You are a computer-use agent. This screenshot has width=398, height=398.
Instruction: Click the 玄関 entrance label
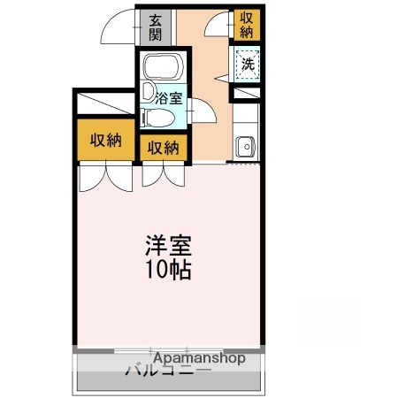click(x=155, y=27)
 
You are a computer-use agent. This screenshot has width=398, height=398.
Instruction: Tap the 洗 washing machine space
click(x=248, y=64)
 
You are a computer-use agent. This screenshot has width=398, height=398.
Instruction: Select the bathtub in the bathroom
click(x=161, y=68)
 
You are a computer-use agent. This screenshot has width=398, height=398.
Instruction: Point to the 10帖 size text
click(x=168, y=268)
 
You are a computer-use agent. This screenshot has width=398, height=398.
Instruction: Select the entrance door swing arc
click(x=118, y=30)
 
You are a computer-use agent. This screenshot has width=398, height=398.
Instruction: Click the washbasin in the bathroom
click(x=146, y=90)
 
